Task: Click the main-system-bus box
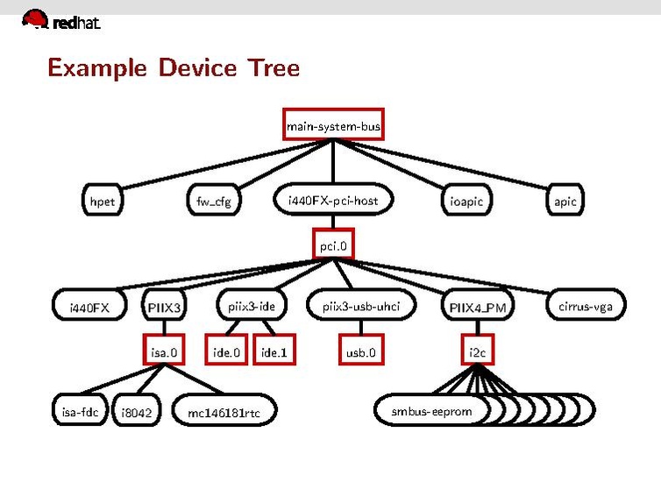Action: point(333,127)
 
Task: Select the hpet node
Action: point(102,202)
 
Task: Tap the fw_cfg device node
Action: point(214,202)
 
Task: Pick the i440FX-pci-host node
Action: point(333,201)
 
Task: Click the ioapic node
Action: point(466,202)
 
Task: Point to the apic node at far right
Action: point(565,202)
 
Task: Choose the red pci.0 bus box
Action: point(333,246)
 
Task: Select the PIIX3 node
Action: point(164,308)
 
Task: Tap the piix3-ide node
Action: point(252,306)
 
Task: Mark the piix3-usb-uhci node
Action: point(361,306)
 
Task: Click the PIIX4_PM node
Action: point(477,308)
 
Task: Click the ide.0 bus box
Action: point(226,352)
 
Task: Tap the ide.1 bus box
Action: point(274,352)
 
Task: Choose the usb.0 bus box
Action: point(361,352)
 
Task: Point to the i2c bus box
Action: point(477,352)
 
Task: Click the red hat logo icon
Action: point(35,19)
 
